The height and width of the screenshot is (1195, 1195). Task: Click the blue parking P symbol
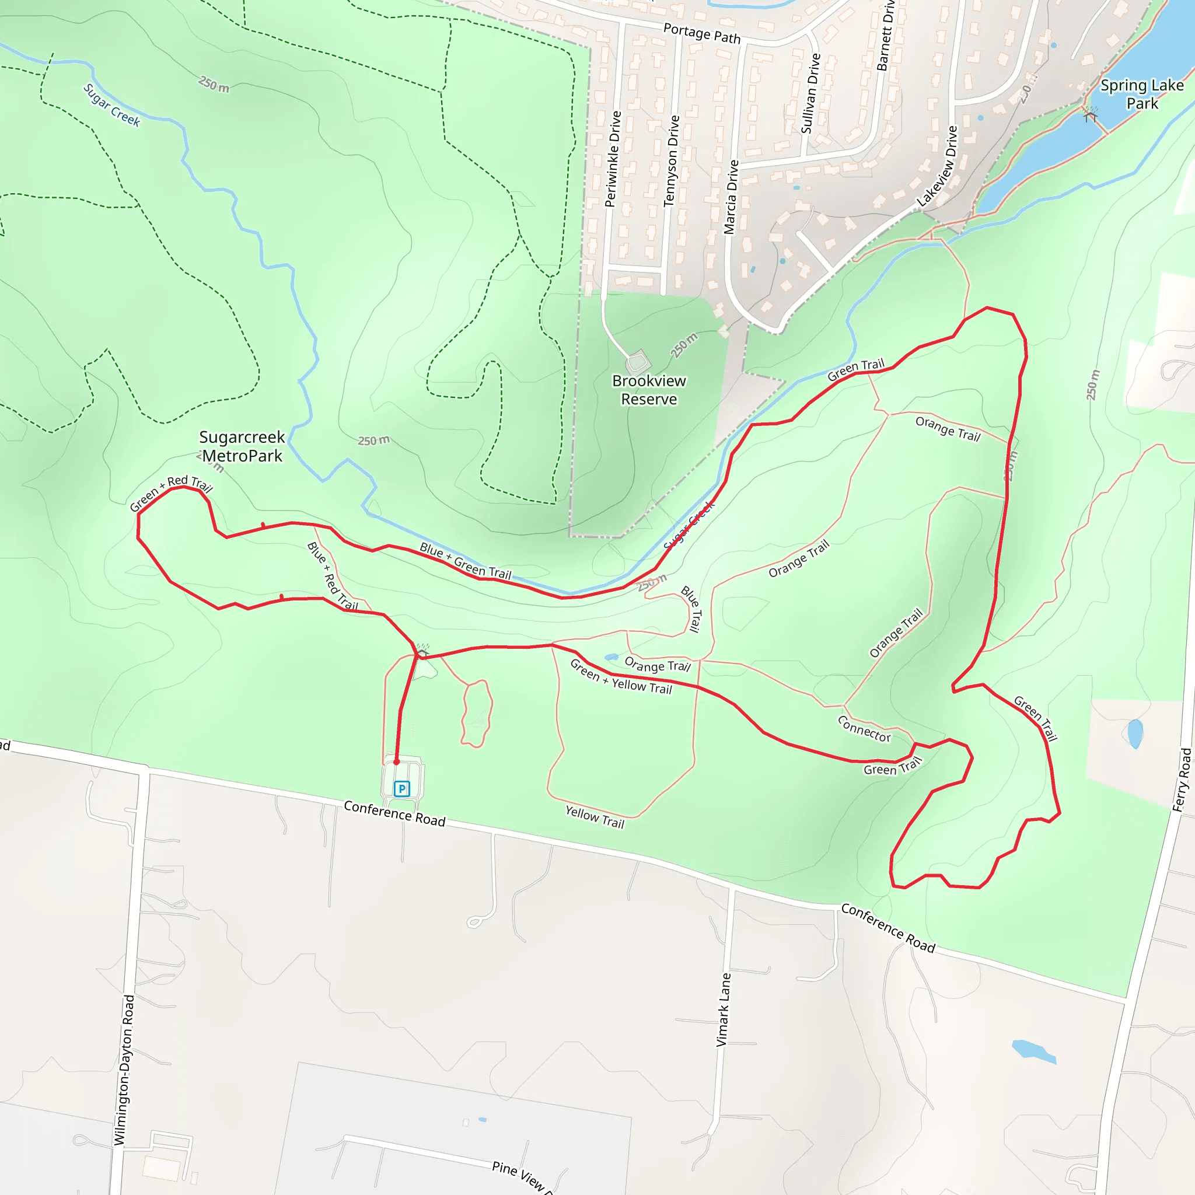point(402,789)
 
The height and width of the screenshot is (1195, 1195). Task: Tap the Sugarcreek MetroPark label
point(242,446)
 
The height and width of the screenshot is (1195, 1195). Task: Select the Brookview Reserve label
point(649,390)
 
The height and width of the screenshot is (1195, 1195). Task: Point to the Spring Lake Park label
point(1142,94)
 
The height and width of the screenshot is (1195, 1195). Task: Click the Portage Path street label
point(701,33)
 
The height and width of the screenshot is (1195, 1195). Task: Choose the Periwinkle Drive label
point(612,159)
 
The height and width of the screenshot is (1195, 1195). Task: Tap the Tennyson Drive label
point(671,161)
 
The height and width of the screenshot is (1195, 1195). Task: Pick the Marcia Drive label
point(731,197)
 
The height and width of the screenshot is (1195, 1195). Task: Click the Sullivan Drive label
point(810,93)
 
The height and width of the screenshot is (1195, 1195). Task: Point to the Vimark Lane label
point(723,1009)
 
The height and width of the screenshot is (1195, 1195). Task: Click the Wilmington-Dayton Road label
point(124,1070)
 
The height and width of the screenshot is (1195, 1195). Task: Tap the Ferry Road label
point(1182,780)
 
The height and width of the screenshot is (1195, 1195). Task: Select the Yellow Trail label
point(595,817)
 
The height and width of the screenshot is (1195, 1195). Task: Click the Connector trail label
point(864,729)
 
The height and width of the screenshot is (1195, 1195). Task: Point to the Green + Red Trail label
point(171,492)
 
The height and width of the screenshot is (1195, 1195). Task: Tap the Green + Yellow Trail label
point(621,677)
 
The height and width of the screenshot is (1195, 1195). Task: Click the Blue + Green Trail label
point(465,561)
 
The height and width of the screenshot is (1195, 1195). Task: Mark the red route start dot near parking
point(396,762)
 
